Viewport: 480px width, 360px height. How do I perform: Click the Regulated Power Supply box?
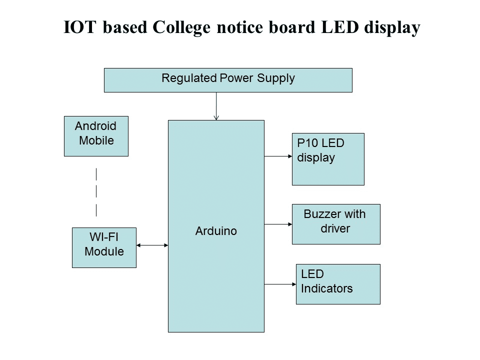[x=228, y=80]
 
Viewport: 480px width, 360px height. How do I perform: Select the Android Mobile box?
[x=96, y=136]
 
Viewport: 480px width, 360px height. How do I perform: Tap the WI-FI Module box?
[x=104, y=247]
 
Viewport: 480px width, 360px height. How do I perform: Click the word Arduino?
[x=216, y=231]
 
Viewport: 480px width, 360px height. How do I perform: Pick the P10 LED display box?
[x=328, y=159]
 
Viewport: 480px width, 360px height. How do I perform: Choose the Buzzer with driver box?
[x=336, y=224]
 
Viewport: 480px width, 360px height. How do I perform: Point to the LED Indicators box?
[x=338, y=284]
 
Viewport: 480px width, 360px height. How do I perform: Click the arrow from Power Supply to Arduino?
[x=216, y=106]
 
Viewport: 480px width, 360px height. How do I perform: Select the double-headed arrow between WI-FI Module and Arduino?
[x=152, y=245]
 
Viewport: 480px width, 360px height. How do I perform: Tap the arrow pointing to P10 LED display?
[x=278, y=156]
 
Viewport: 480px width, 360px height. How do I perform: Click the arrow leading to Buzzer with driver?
[x=278, y=224]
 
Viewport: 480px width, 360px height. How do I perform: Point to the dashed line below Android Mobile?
[x=96, y=192]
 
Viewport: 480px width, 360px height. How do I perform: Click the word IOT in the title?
[x=81, y=28]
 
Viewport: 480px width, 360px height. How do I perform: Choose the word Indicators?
[x=327, y=288]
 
